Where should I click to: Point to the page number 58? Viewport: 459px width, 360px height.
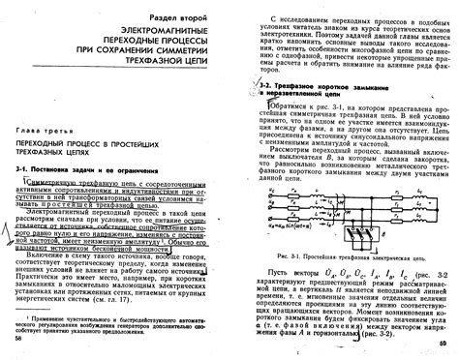[19, 339]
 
